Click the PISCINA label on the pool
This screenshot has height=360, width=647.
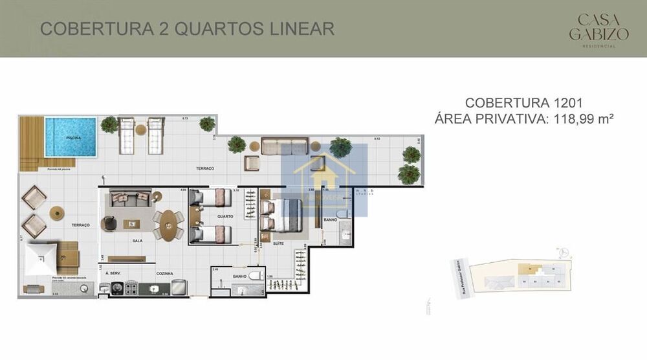coord(73,138)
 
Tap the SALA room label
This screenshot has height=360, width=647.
coord(137,240)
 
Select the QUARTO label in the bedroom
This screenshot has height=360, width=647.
coord(225,216)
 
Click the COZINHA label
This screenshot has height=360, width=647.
coord(164,274)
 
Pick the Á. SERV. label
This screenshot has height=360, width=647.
coord(113,274)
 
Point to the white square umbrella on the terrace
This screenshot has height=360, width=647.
coord(43,258)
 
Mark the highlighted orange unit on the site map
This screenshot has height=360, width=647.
coord(529,268)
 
